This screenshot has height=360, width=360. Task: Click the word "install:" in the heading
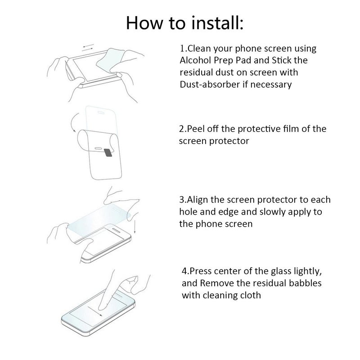(x=211, y=22)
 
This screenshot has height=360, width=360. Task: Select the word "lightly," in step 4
(x=307, y=271)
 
